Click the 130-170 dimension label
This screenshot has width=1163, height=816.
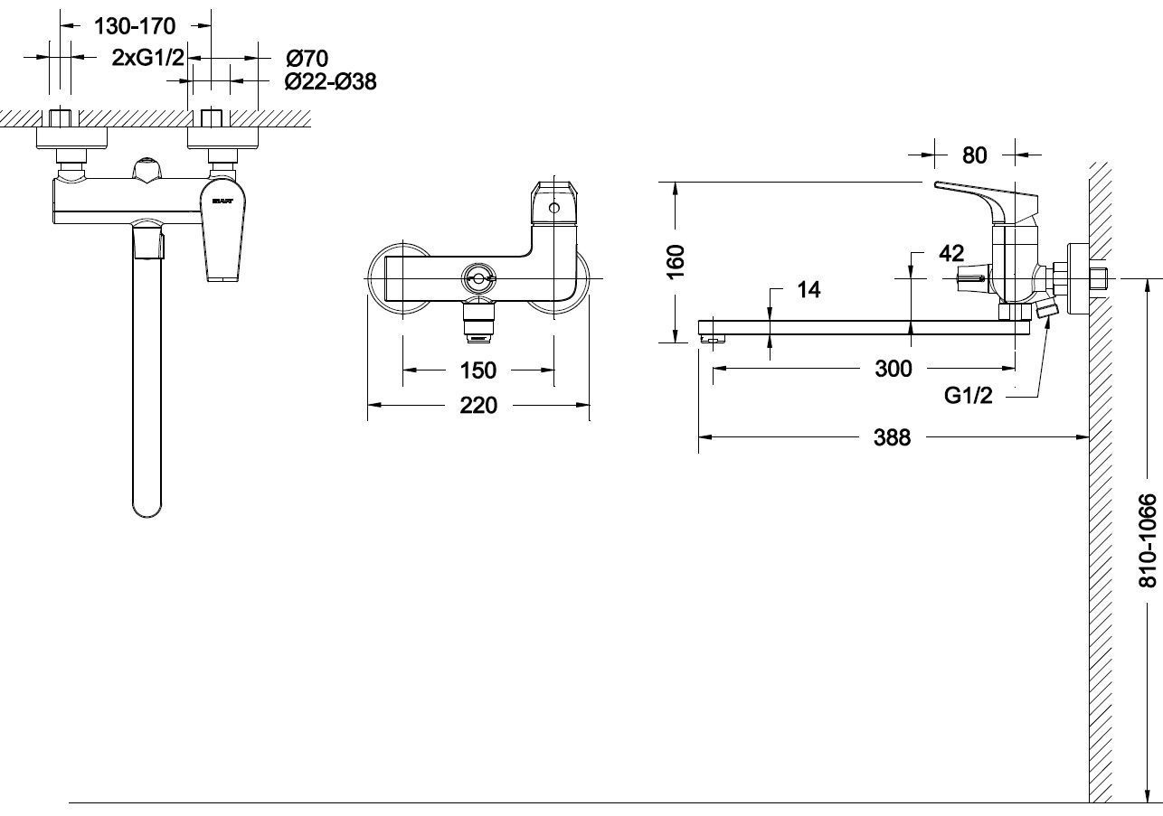tap(135, 26)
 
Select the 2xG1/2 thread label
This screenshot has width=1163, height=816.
tap(147, 58)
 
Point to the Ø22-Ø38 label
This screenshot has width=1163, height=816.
tap(330, 81)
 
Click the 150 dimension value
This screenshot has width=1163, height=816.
tap(477, 370)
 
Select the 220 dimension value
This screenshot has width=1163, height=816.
tap(477, 406)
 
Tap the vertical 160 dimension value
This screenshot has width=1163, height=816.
tap(676, 262)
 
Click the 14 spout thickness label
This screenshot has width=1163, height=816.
tap(808, 289)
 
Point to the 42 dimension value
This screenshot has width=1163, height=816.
tap(951, 254)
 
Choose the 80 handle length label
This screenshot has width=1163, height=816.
tap(974, 155)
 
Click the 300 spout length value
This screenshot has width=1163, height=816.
tap(894, 369)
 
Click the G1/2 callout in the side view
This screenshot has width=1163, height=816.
tap(968, 395)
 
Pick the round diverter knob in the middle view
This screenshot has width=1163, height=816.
tap(477, 278)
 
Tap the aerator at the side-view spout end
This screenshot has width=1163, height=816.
tap(714, 339)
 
